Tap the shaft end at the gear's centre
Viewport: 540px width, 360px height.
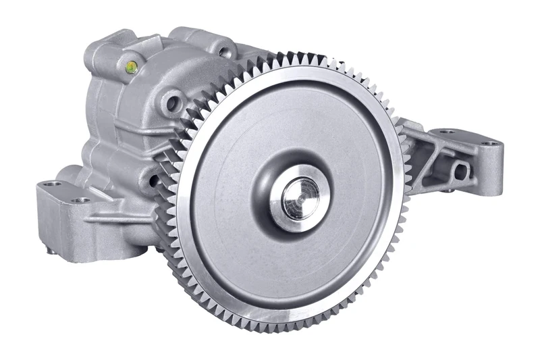[x=300, y=197]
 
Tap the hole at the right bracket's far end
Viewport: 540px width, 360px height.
[x=491, y=143]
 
